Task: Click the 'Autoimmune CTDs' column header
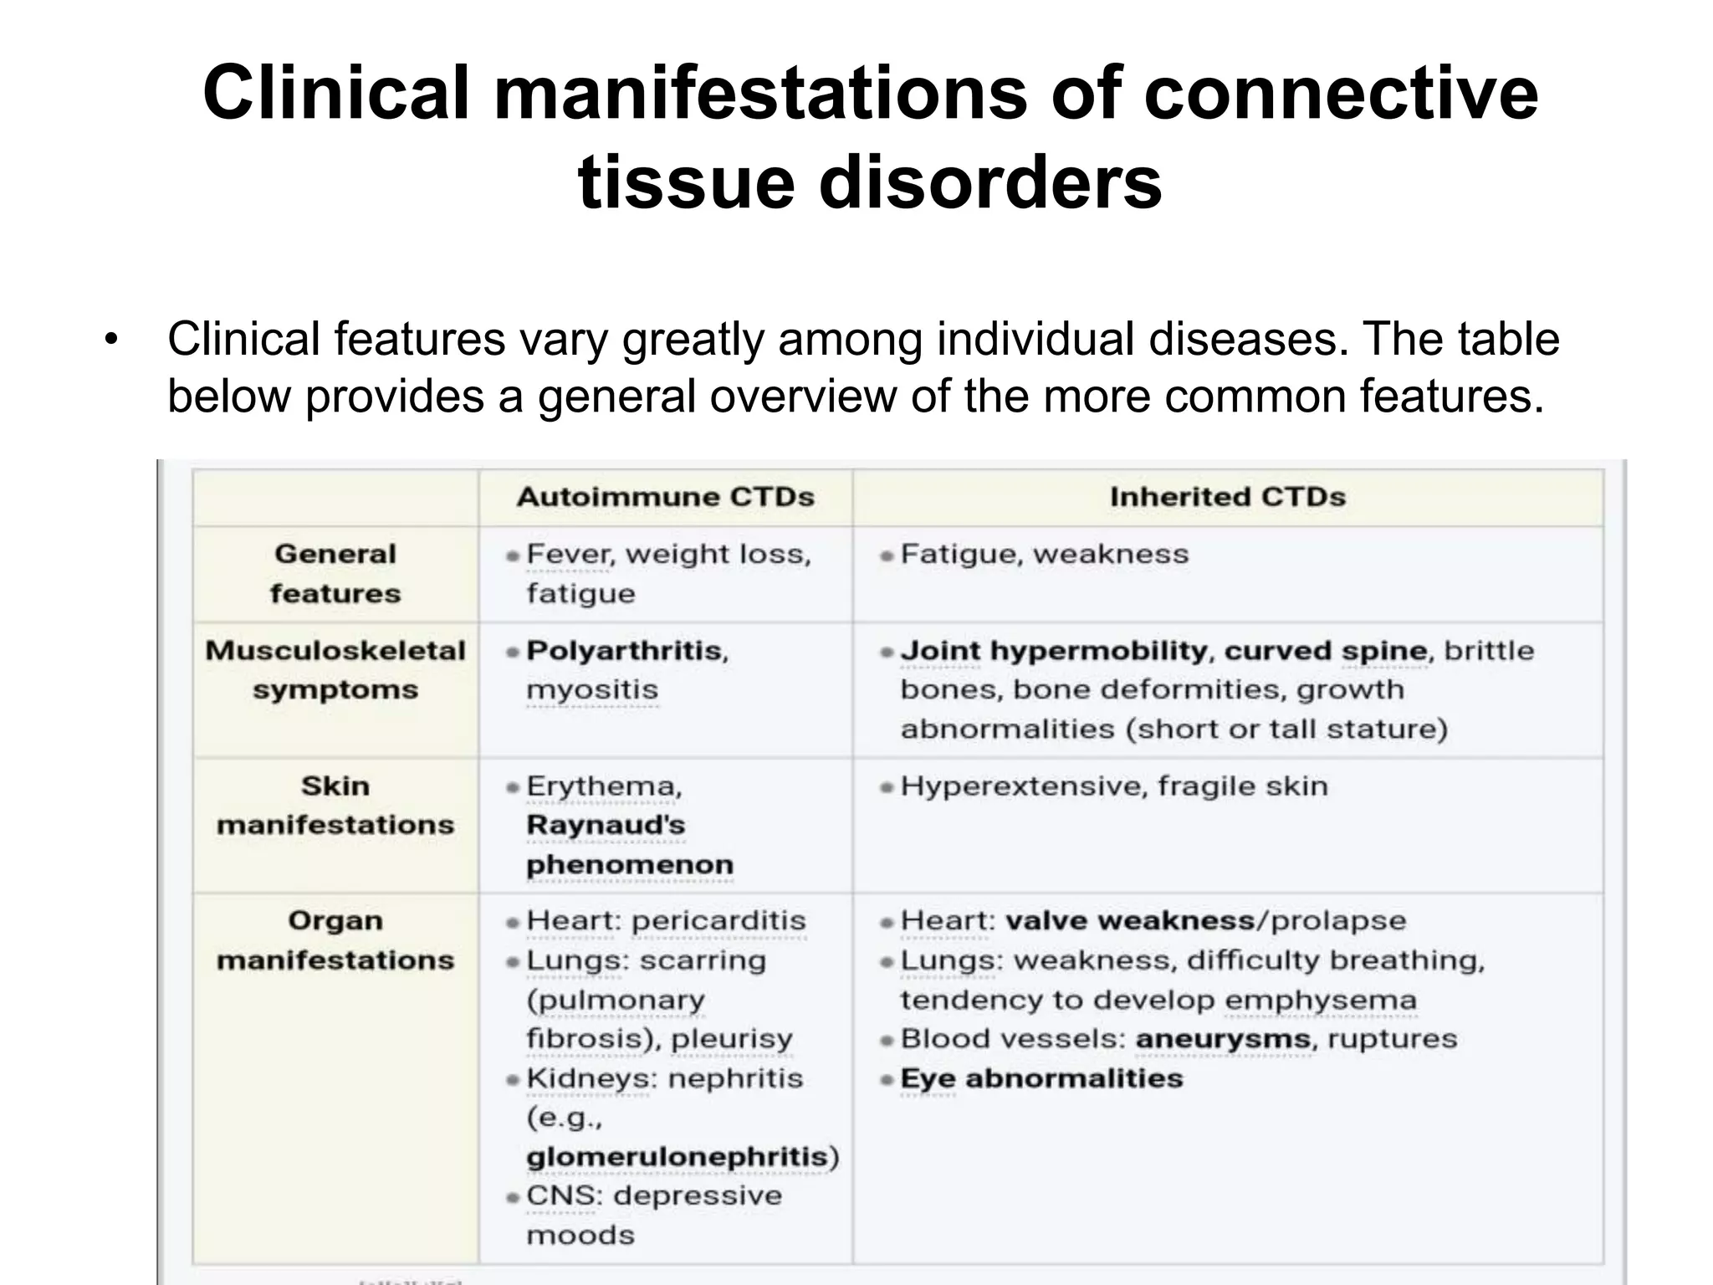[665, 497]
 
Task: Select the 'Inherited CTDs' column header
[1227, 497]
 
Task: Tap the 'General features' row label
[335, 574]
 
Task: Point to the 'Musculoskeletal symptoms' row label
[335, 670]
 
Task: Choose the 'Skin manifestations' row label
[335, 806]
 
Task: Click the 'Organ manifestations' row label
[335, 940]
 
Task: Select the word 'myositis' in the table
[592, 690]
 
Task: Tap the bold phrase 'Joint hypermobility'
[1053, 651]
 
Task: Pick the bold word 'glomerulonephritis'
[678, 1157]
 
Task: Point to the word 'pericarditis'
[718, 921]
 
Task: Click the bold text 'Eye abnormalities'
[1041, 1078]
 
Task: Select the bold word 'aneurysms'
[1223, 1039]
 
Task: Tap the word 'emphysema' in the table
[1321, 1000]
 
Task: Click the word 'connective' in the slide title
[1340, 94]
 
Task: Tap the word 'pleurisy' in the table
[732, 1039]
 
